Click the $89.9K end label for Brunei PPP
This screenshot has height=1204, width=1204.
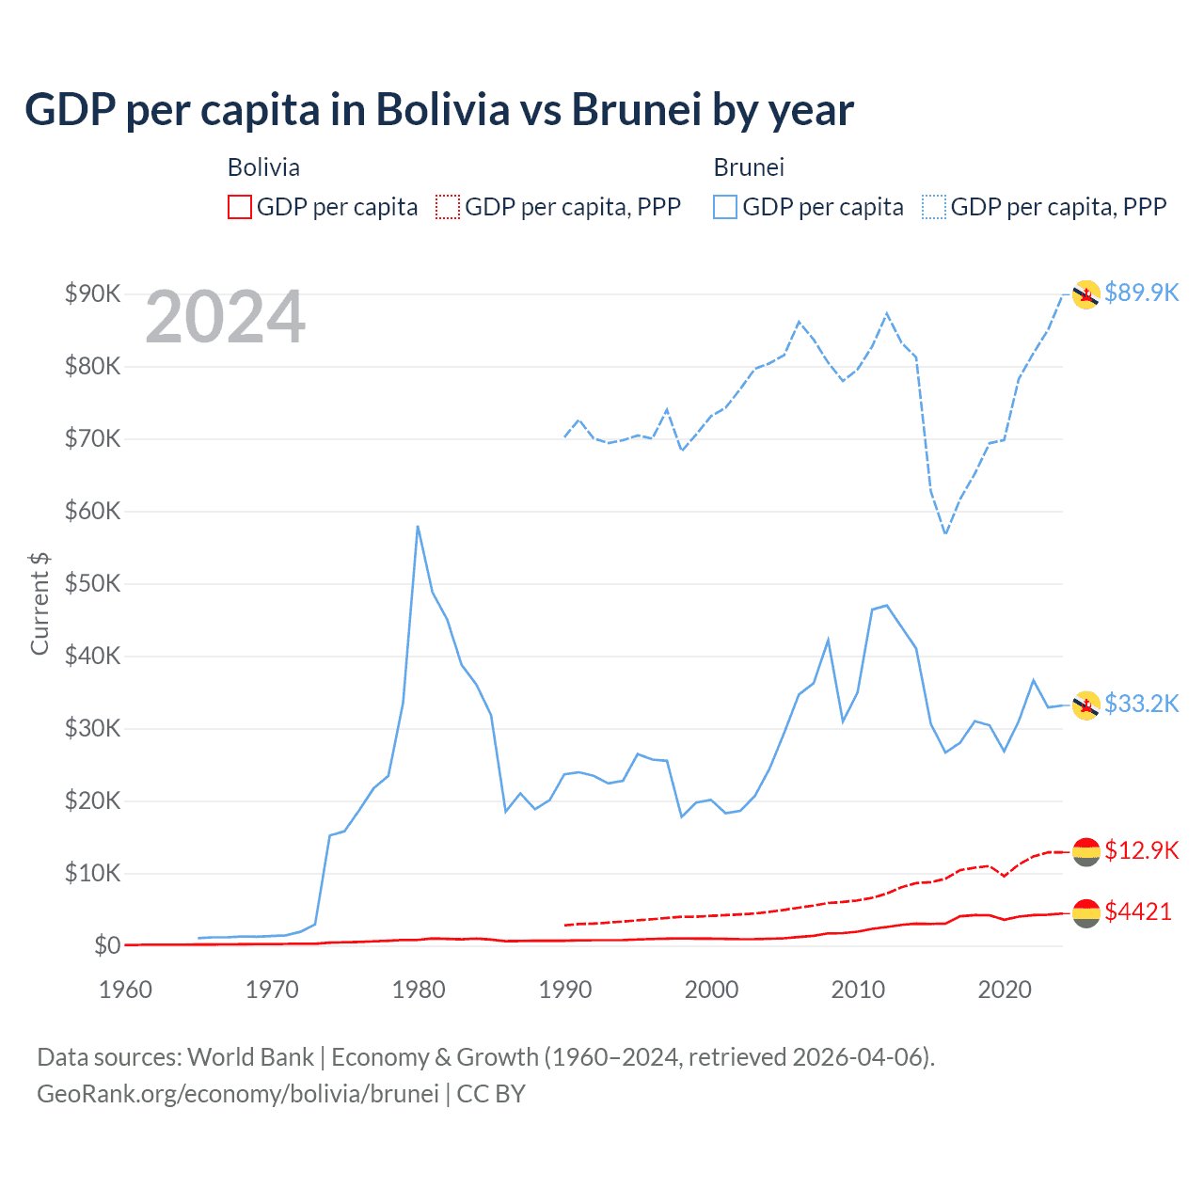coord(1141,293)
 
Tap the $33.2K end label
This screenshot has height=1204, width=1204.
coord(1141,704)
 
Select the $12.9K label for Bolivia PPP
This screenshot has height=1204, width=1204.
coord(1141,850)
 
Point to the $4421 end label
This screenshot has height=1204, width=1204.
coord(1137,911)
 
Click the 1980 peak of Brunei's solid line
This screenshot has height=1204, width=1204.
coord(418,527)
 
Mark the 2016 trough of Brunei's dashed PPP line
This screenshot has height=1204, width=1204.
coord(945,533)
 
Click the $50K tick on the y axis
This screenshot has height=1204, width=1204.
coord(92,583)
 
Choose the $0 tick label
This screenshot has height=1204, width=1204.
coord(106,945)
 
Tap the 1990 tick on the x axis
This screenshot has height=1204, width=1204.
coord(564,990)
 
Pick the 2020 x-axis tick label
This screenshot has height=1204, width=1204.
coord(1005,990)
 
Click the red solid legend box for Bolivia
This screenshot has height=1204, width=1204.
coord(240,207)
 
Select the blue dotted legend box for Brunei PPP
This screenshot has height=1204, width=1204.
coord(934,207)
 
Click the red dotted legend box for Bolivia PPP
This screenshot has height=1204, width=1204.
coord(448,207)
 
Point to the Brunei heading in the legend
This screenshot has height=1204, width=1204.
coord(749,167)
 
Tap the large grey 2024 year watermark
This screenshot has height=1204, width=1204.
coord(225,317)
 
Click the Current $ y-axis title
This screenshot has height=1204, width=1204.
coord(40,603)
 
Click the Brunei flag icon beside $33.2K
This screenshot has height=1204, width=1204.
coord(1085,705)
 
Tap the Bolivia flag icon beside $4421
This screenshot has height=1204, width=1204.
coord(1085,911)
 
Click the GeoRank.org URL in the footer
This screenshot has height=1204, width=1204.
coord(237,1094)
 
